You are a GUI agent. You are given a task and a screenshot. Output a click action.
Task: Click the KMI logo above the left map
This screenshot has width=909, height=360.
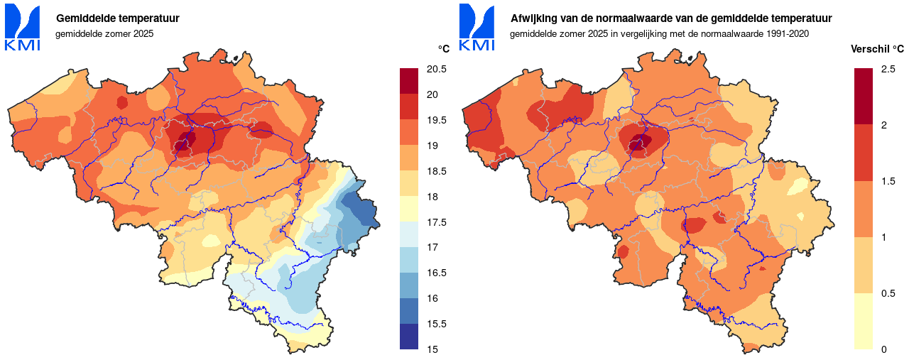coord(22,28)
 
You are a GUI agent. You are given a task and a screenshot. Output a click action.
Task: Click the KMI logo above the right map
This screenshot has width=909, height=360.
coord(477,28)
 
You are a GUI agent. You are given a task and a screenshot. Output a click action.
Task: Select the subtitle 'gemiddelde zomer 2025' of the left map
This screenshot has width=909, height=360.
coord(104,33)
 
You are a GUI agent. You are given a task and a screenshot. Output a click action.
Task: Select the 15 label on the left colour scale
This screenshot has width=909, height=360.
coord(431,349)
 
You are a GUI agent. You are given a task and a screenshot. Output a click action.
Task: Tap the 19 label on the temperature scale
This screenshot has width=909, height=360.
coord(431,146)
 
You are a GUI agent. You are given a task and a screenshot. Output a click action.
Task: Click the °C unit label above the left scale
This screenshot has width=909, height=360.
coord(443,49)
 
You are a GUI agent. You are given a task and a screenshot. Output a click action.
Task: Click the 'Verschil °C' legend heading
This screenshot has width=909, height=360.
coord(878,49)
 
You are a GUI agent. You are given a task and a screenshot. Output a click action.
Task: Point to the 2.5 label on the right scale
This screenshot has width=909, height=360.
coord(888,69)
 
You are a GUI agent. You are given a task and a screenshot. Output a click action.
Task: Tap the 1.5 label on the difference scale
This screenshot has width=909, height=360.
coord(888,181)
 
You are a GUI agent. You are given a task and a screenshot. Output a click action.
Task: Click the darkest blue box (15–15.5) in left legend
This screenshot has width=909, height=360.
coord(410,337)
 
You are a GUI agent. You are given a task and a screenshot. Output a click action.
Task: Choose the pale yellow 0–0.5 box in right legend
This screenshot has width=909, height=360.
coord(864,321)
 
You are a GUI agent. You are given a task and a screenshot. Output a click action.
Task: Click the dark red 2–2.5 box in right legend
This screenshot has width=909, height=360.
coord(864,97)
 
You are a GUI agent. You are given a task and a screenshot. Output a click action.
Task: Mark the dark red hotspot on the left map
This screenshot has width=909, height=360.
coord(183,141)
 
